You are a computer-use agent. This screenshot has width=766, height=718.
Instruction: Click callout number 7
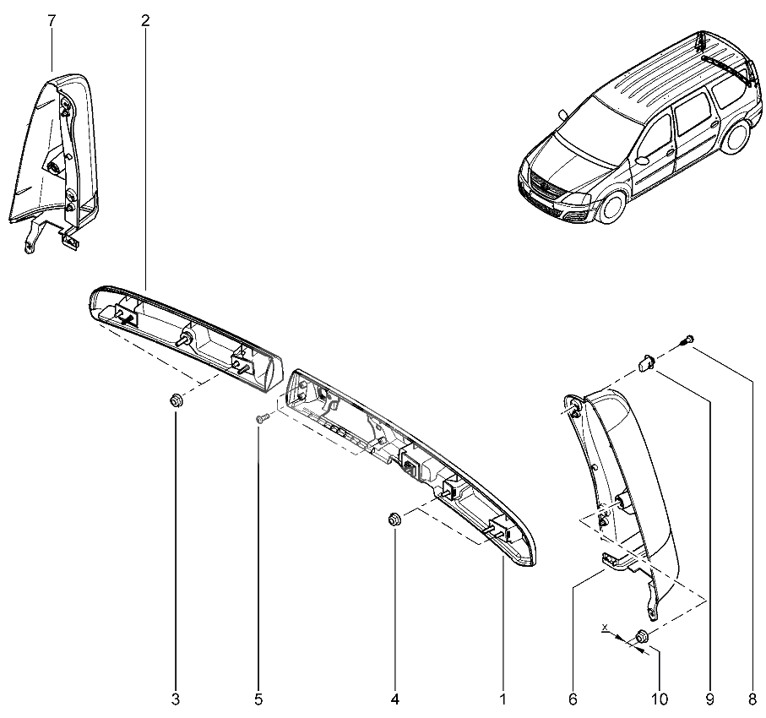click(52, 20)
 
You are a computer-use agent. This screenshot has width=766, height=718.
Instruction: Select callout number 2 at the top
click(145, 20)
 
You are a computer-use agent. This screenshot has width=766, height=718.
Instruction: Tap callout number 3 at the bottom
click(175, 699)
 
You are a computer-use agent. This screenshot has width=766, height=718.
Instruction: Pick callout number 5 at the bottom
click(258, 699)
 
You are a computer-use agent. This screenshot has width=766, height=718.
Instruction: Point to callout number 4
click(394, 699)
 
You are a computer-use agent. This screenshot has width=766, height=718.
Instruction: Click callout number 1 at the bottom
click(503, 699)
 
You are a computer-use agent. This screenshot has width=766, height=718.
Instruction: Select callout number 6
click(573, 699)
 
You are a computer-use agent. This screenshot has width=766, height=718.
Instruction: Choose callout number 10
click(660, 699)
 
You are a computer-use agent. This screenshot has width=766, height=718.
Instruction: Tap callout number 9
click(709, 699)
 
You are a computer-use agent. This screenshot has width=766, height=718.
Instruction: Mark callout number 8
click(752, 699)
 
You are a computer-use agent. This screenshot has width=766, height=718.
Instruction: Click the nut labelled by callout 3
click(177, 400)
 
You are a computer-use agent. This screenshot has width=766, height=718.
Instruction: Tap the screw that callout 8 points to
click(688, 340)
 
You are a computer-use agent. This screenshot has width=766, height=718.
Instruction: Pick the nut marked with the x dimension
click(641, 635)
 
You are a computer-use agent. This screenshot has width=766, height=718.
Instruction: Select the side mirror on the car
click(644, 159)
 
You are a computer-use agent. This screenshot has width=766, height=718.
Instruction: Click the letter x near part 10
click(606, 628)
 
